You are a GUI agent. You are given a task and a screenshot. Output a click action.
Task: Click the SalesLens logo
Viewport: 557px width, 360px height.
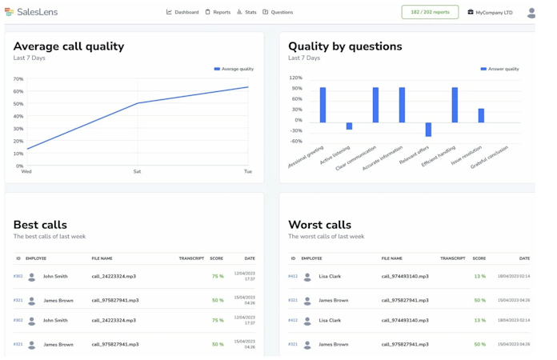pyautogui.click(x=31, y=12)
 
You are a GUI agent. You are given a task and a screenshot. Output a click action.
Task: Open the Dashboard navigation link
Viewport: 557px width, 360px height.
pyautogui.click(x=182, y=13)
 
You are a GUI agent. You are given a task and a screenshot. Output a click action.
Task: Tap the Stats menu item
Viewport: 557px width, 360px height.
pyautogui.click(x=246, y=13)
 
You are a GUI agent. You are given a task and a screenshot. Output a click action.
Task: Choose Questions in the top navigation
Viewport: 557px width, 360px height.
pyautogui.click(x=278, y=13)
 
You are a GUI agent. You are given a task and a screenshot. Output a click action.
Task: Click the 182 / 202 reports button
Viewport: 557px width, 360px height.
pyautogui.click(x=430, y=12)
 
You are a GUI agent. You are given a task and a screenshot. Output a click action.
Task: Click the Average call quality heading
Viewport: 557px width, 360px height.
pyautogui.click(x=69, y=46)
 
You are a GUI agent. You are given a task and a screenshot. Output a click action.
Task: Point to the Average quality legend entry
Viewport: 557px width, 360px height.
pyautogui.click(x=234, y=70)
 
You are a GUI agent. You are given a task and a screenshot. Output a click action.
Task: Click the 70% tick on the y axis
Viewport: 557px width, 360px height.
pyautogui.click(x=18, y=79)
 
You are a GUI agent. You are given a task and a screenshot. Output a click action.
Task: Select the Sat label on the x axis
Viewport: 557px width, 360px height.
pyautogui.click(x=137, y=171)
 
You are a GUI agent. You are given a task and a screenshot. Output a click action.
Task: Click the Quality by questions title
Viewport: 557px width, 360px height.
pyautogui.click(x=345, y=46)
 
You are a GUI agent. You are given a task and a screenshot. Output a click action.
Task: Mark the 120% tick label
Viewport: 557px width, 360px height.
pyautogui.click(x=295, y=78)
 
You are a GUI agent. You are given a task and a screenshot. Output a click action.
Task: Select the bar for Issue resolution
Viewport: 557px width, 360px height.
pyautogui.click(x=481, y=115)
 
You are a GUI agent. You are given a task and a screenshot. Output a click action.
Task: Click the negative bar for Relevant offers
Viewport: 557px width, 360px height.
pyautogui.click(x=428, y=130)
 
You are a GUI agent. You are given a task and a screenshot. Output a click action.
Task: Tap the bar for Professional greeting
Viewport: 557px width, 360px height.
pyautogui.click(x=323, y=105)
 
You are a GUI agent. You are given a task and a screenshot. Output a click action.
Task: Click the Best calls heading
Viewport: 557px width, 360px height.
pyautogui.click(x=40, y=225)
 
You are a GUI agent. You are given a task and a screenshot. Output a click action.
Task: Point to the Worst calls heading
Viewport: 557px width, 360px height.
pyautogui.click(x=319, y=225)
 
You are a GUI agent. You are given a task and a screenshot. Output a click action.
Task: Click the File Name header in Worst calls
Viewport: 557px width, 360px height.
pyautogui.click(x=392, y=258)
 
